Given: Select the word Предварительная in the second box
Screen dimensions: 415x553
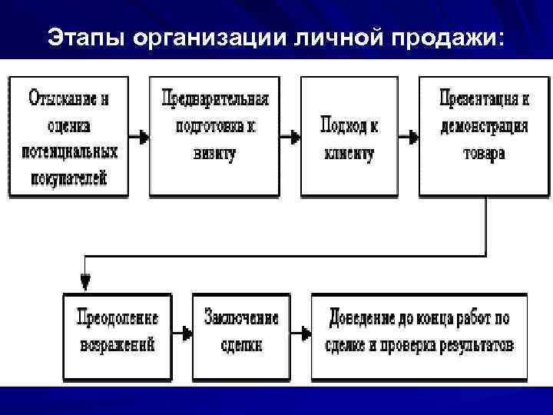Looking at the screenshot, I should point(215,99).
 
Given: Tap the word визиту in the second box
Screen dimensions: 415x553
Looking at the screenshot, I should point(214,153).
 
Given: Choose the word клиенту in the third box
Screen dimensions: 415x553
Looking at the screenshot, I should point(349,153).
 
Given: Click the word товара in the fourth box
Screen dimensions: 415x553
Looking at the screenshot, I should point(484,153).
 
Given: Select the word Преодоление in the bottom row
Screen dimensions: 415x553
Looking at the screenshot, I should point(118,317).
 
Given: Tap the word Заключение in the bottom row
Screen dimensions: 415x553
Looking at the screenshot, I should point(241,317).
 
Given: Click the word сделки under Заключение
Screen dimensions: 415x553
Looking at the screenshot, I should point(241,344).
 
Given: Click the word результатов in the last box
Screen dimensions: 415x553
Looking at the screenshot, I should point(476,344).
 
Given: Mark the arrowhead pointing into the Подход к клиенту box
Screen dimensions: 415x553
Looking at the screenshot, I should point(295,138).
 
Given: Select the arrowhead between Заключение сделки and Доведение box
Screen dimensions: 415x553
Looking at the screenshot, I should point(305,334).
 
